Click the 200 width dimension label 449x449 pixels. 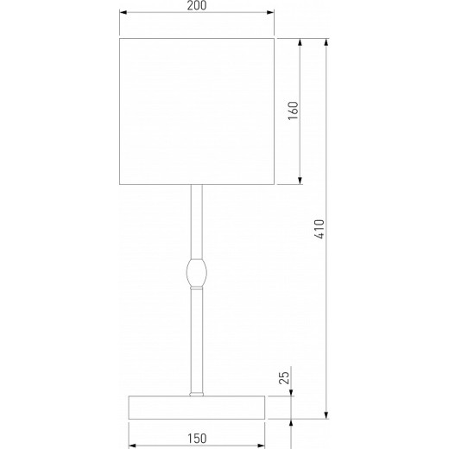click(197, 5)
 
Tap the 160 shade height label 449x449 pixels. click(294, 111)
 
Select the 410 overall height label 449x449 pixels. click(319, 229)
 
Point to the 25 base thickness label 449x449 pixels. click(284, 377)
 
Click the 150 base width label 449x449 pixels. click(197, 439)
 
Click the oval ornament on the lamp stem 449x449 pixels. click(197, 273)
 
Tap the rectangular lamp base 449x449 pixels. click(197, 408)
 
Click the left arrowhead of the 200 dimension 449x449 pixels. click(123, 12)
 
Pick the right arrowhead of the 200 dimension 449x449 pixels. click(270, 12)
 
